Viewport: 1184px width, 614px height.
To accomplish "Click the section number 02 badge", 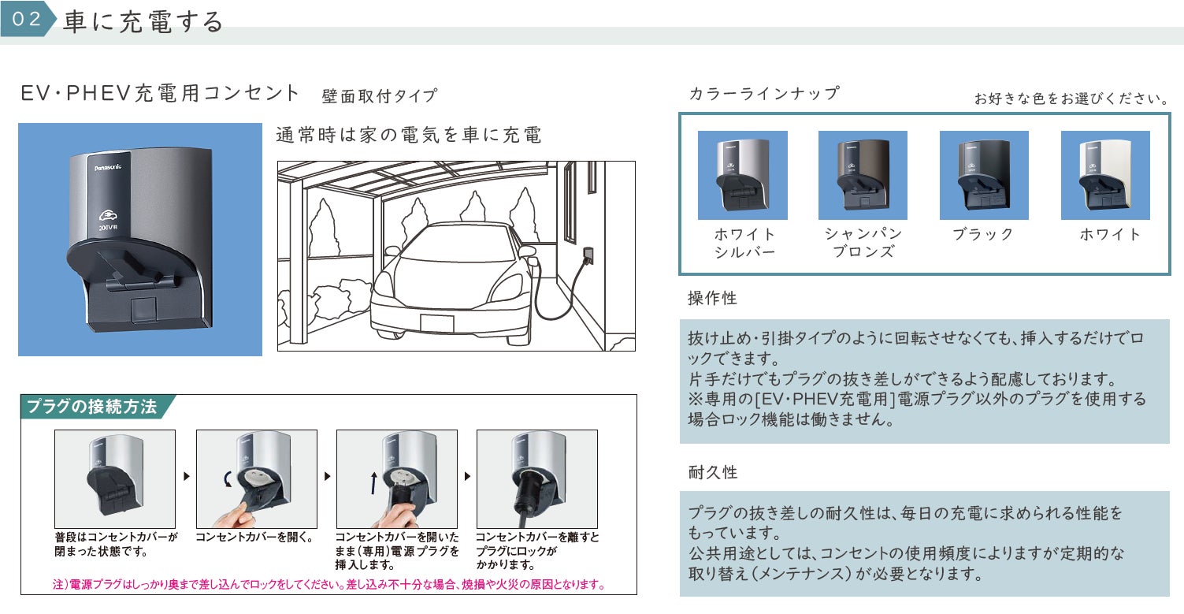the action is (x=27, y=18).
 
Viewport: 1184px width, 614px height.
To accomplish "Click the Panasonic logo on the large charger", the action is (x=108, y=168).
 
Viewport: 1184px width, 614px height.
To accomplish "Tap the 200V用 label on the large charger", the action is (x=107, y=228).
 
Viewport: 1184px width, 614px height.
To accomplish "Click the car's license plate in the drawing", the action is (x=436, y=323).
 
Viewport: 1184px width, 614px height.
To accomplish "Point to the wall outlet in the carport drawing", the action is (x=588, y=255).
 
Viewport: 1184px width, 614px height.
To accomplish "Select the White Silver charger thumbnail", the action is (x=743, y=175).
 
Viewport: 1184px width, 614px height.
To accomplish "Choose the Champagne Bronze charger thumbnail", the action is (x=863, y=175).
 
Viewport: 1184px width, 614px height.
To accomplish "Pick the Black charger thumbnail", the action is (x=984, y=175).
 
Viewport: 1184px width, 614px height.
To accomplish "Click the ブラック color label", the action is (x=983, y=234).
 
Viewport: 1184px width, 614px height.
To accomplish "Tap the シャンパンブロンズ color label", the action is (x=863, y=242).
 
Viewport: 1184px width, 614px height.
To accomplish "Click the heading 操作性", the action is (x=712, y=298).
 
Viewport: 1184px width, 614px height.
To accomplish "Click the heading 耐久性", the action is (x=712, y=472).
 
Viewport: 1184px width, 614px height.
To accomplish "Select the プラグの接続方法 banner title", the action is (x=92, y=406).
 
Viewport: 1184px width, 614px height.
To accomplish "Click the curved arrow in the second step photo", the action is (x=228, y=479).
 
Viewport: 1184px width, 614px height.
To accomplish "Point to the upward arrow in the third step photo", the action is (x=374, y=483).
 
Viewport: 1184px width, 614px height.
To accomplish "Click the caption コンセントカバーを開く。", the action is (x=254, y=538).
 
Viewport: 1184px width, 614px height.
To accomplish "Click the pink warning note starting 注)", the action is (x=328, y=584).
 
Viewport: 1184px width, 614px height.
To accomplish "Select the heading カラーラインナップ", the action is (x=764, y=94).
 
